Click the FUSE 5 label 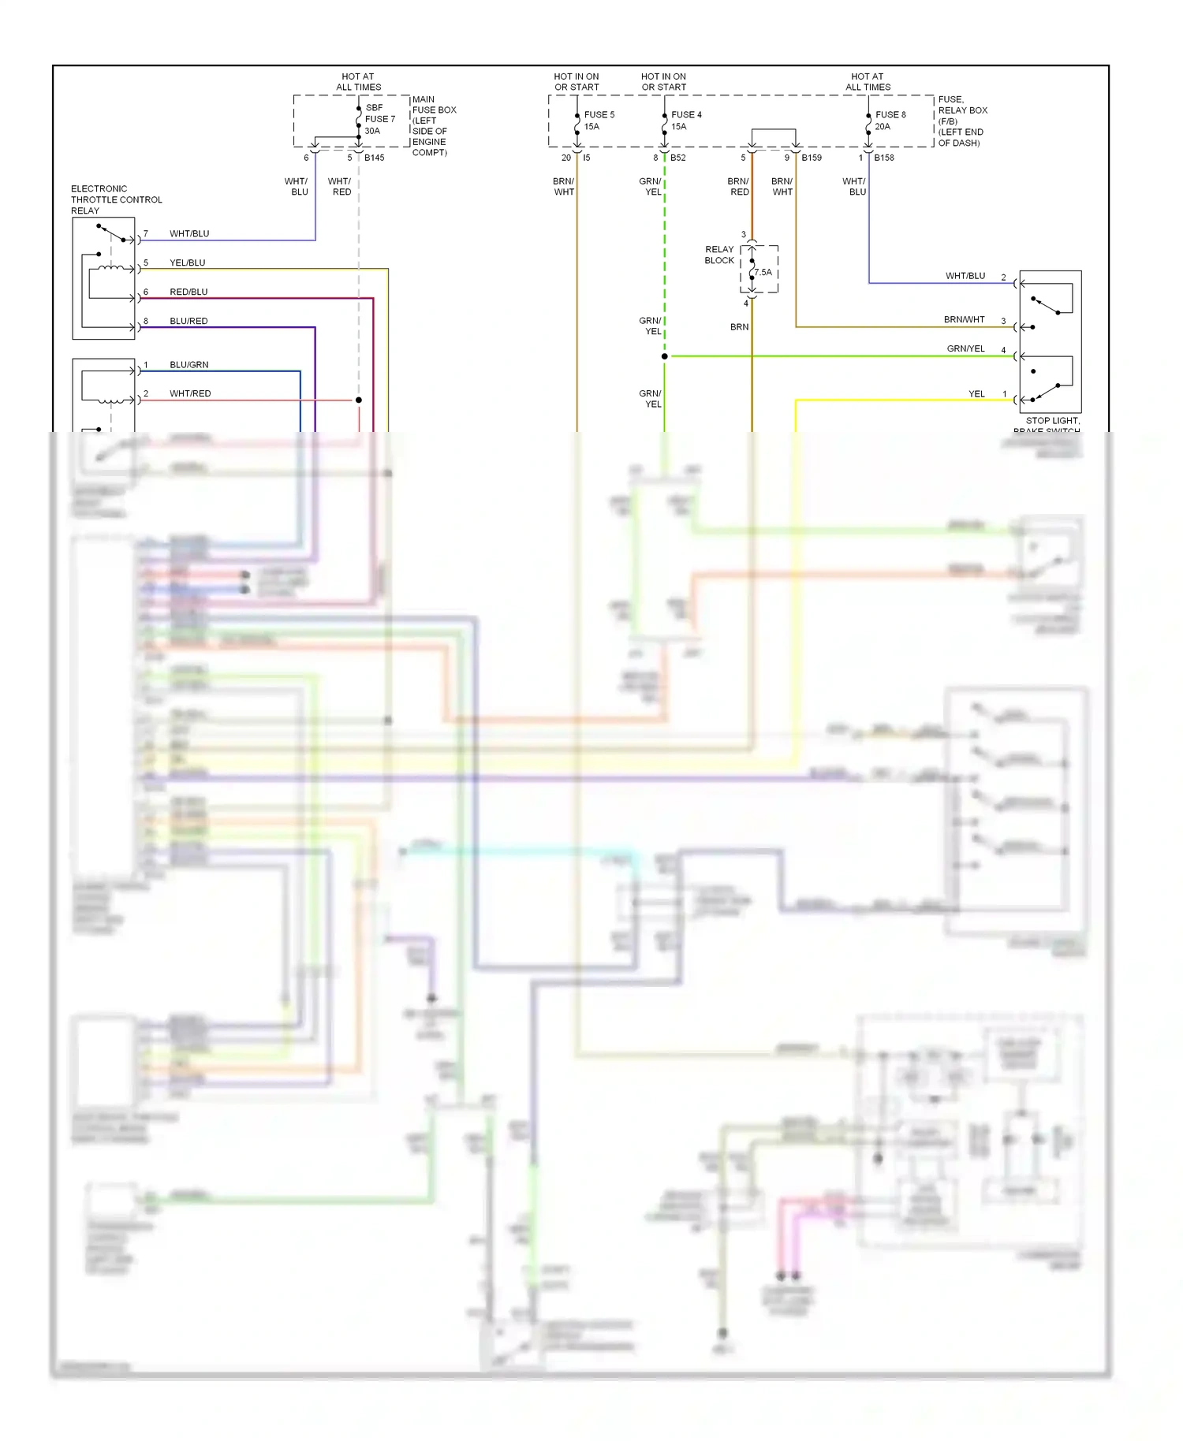[599, 115]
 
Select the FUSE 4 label [685, 115]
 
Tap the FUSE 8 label [890, 115]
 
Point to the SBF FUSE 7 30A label [379, 119]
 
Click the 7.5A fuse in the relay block [762, 273]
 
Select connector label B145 [374, 158]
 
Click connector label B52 [677, 158]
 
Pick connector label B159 [812, 158]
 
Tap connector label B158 [884, 158]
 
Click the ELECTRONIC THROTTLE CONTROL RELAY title [116, 199]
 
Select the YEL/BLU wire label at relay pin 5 [187, 263]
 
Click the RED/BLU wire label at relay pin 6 [188, 292]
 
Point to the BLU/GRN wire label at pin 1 [188, 365]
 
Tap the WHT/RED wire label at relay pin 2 [190, 393]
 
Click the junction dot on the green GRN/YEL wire [665, 356]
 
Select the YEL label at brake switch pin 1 [976, 394]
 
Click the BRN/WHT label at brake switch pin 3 [964, 320]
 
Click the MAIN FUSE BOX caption [433, 126]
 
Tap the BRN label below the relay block [739, 327]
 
